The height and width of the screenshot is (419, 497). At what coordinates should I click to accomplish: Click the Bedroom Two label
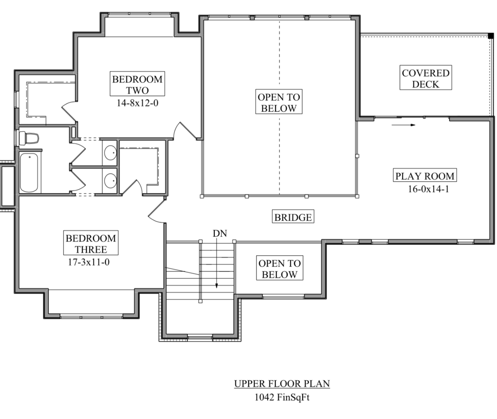[x=137, y=85]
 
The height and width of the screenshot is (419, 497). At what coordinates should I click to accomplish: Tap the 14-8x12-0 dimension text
[x=137, y=103]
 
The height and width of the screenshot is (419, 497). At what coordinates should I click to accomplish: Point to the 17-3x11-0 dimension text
[x=89, y=262]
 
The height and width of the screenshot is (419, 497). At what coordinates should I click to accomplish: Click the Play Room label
[x=425, y=176]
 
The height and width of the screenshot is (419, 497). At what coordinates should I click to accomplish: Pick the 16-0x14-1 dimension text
[x=428, y=189]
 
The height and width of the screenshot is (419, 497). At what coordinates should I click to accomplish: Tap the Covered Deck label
[x=425, y=79]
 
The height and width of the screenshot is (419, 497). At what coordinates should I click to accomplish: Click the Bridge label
[x=293, y=218]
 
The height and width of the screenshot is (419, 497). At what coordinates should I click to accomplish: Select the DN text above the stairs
[x=220, y=234]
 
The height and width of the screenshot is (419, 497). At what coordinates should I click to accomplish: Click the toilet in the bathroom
[x=29, y=138]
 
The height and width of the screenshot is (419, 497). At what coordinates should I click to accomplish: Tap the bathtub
[x=29, y=173]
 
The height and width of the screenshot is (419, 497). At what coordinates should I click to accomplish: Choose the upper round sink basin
[x=111, y=152]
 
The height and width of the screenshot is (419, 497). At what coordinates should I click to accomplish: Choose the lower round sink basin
[x=111, y=181]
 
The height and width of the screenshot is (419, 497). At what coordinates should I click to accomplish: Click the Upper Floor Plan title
[x=282, y=384]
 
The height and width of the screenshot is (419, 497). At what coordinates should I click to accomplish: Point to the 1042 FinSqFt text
[x=282, y=397]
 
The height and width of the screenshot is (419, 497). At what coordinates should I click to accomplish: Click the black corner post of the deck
[x=491, y=36]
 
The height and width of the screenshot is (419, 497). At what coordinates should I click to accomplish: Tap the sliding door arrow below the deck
[x=404, y=125]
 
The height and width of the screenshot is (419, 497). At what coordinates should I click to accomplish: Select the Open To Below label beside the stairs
[x=280, y=269]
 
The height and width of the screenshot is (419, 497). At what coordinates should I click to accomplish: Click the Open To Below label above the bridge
[x=279, y=103]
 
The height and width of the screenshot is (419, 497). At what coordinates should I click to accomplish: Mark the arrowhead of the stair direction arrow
[x=217, y=286]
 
